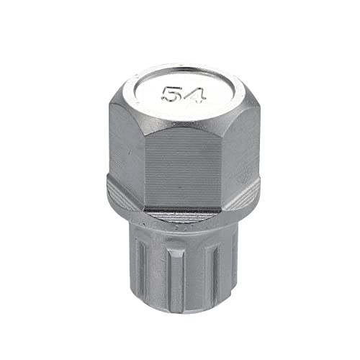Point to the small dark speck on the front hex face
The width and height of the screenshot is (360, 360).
[180, 186]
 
